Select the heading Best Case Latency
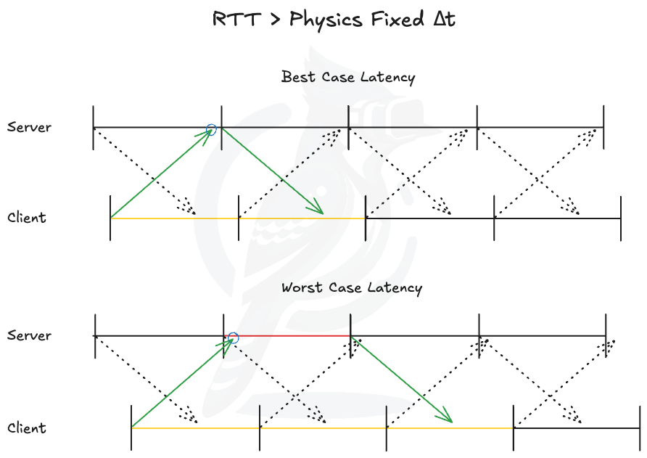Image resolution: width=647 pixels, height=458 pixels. click(348, 77)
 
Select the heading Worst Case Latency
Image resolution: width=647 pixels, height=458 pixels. click(351, 287)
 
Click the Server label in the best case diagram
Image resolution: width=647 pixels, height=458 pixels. click(30, 127)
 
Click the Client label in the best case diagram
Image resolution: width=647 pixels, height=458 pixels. click(27, 217)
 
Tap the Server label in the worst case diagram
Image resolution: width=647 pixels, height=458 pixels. click(30, 335)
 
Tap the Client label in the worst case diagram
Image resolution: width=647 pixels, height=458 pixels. click(27, 428)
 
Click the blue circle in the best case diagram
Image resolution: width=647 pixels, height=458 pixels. click(211, 129)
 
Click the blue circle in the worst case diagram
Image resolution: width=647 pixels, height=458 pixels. click(233, 338)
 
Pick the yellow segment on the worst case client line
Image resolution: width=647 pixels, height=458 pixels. click(323, 428)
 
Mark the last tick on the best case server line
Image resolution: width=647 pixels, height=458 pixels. click(603, 128)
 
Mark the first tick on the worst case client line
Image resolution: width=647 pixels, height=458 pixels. click(131, 428)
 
